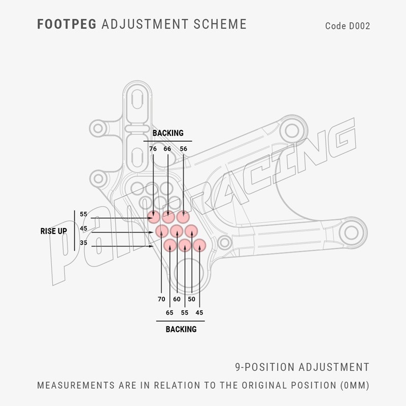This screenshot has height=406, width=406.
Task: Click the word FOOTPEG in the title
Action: point(67,24)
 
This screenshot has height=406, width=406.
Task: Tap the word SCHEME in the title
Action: point(220,24)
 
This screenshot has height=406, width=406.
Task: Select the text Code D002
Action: point(348,26)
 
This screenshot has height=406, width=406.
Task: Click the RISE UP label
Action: point(54,231)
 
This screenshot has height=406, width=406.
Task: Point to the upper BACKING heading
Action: point(168,133)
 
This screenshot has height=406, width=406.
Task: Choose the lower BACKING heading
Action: point(181,329)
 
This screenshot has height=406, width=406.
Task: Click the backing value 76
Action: point(153,149)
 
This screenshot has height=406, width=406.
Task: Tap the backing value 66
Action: point(167,149)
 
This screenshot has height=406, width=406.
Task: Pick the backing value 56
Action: point(183,149)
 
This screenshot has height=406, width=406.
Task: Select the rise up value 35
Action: point(83,243)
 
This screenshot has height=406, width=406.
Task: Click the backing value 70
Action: point(161,299)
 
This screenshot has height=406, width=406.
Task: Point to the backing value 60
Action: point(177,299)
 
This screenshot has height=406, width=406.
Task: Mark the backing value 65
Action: point(170,313)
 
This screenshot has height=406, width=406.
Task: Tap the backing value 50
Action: point(191,299)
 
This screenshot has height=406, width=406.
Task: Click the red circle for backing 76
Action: point(154,217)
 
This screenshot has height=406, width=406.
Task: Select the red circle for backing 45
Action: point(199,245)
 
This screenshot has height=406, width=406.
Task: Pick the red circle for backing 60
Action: point(177,231)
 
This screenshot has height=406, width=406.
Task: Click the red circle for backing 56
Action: point(183,217)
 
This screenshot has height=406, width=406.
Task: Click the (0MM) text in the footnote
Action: point(355,385)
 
